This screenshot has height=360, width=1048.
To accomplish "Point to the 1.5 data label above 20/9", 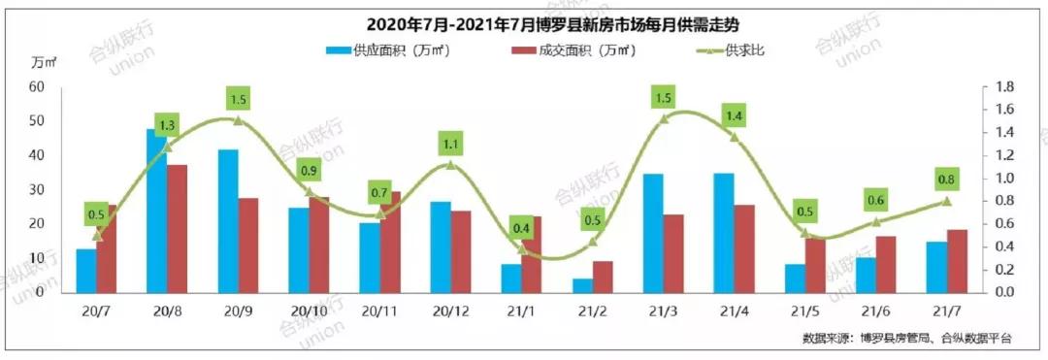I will (240, 99).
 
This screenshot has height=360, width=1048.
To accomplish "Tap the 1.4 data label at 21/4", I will (733, 116).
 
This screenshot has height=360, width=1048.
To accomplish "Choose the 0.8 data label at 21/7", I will (946, 180).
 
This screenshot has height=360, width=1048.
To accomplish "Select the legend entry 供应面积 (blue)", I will (382, 49).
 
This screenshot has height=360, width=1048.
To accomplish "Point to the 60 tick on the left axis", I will (39, 86).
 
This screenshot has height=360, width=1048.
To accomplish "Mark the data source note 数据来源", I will (906, 338).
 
